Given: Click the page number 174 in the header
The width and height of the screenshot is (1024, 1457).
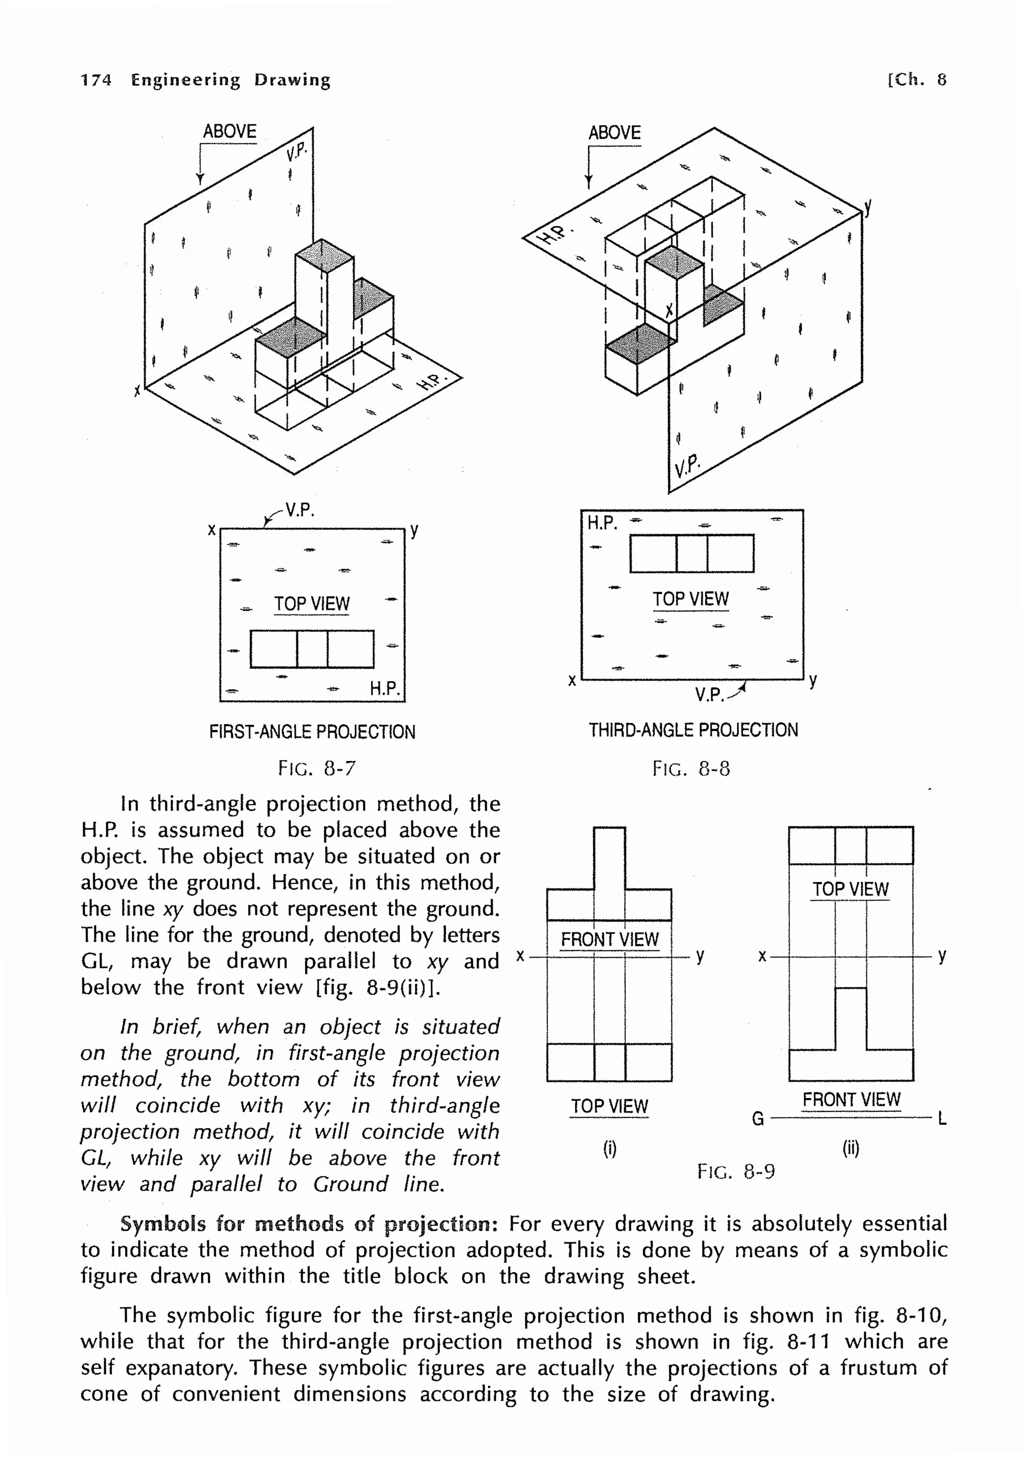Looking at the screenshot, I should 96,80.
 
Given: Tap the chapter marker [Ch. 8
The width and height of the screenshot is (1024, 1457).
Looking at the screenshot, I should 917,79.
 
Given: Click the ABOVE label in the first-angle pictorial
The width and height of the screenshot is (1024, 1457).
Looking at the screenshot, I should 229,132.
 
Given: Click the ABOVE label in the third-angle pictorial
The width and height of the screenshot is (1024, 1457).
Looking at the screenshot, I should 614,133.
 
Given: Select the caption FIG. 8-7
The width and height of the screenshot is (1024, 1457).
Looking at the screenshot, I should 317,768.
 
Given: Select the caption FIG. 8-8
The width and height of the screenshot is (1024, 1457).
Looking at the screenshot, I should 691,769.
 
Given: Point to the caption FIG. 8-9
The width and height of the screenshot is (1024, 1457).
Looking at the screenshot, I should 736,1171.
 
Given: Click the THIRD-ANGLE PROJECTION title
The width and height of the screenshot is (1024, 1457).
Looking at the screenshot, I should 693,730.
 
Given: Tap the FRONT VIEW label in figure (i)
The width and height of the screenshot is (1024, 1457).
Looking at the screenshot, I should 609,939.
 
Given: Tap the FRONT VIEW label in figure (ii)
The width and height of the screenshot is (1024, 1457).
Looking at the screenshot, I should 851,1099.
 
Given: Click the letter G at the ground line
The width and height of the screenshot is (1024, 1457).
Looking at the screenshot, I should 757,1119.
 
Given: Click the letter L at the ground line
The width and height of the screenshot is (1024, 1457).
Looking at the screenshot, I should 942,1119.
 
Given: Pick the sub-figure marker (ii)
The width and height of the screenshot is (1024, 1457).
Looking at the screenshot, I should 851,1148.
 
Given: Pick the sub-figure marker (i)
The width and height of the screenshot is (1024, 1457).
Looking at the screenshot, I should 609,1148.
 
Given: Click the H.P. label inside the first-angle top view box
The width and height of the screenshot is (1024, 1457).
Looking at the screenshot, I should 384,688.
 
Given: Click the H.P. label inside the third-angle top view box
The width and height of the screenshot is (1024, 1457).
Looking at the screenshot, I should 601,523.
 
